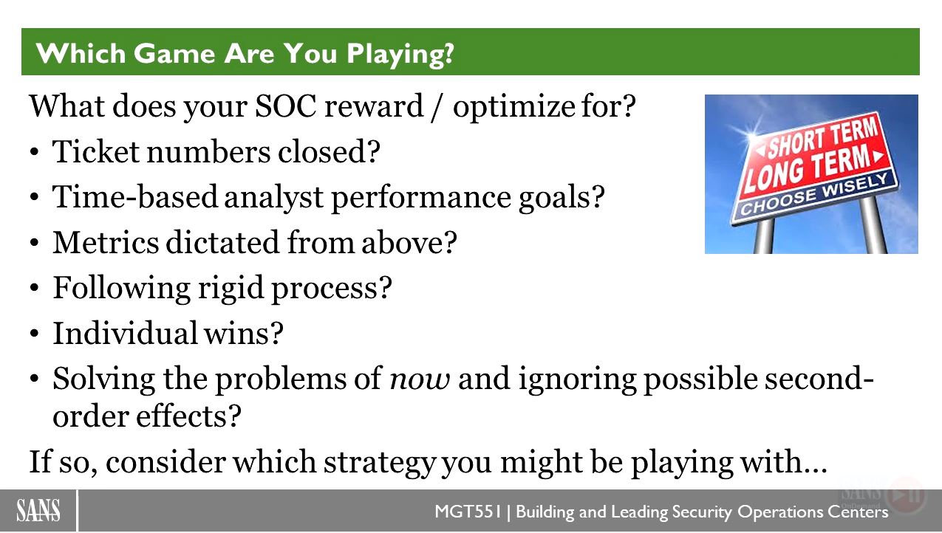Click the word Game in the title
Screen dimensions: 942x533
174,53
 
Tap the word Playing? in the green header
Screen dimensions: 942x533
400,55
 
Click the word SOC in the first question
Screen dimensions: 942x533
285,106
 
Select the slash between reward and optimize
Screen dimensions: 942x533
437,107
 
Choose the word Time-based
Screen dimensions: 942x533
135,196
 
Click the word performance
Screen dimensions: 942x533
421,198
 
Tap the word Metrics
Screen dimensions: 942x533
106,242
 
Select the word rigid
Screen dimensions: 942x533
231,289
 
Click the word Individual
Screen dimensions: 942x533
126,333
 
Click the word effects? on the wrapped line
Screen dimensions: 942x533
188,416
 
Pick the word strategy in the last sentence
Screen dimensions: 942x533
379,463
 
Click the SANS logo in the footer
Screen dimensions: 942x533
38,511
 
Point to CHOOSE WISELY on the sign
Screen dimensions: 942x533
814,194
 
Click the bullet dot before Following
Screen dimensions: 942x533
35,289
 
